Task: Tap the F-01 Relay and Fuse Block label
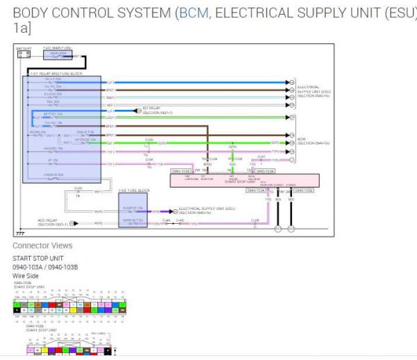[53, 72]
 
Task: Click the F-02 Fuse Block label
[133, 190]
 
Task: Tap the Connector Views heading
[42, 245]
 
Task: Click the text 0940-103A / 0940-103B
[45, 266]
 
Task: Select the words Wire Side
[27, 275]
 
